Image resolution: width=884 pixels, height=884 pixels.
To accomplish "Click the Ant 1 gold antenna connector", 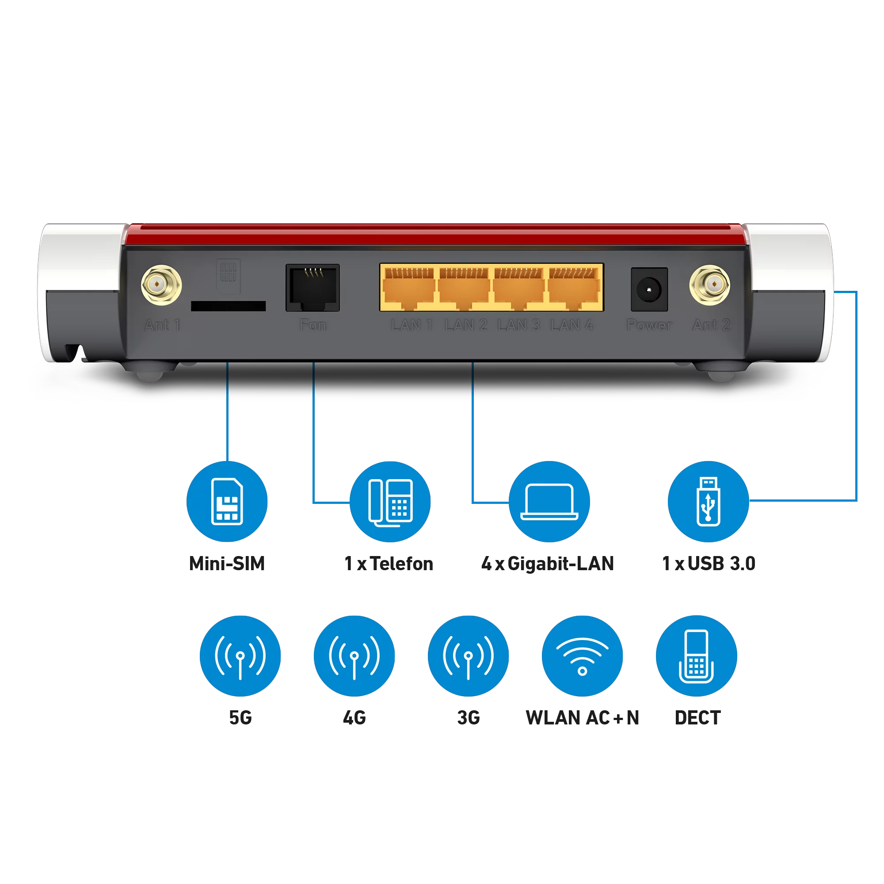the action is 161,285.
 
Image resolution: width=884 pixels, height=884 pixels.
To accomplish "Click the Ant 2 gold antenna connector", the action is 710,285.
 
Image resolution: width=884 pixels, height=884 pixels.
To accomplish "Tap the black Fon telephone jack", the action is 312,288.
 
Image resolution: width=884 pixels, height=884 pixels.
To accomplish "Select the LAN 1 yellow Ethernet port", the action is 409,288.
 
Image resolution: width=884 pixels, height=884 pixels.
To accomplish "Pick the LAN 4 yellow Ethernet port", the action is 574,288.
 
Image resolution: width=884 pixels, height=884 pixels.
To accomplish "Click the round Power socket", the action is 649,290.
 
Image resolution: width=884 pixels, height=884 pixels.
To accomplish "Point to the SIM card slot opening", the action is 229,306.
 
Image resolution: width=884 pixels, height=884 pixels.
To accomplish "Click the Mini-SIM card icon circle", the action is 227,502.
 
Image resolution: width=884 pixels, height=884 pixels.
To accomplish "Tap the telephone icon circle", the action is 390,502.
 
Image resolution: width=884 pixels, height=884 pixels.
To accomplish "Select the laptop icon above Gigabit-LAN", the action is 549,502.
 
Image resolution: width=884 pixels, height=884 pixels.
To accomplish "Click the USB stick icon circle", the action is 708,502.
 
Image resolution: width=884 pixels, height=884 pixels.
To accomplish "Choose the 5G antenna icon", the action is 240,655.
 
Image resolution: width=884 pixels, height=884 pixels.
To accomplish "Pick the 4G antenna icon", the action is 354,655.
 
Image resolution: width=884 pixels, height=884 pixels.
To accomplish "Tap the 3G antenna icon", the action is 468,655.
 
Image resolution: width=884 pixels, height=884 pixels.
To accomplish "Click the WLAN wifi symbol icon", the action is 582,655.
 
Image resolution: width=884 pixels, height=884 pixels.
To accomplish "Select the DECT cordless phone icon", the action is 697,655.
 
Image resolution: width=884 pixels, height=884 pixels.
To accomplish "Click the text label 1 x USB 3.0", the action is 709,563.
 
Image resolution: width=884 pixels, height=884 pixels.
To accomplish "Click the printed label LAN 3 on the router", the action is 519,325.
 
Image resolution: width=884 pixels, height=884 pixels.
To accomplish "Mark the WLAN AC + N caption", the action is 582,717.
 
